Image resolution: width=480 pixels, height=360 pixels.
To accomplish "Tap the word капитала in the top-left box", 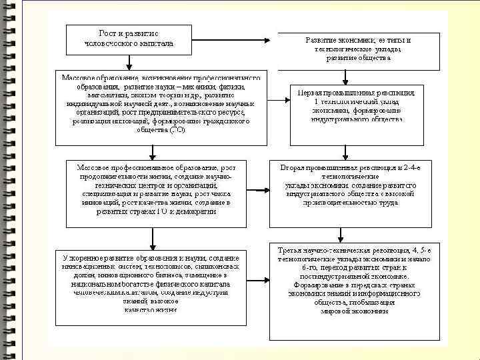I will point(158,43).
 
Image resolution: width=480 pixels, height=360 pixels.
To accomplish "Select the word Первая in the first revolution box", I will point(311,92).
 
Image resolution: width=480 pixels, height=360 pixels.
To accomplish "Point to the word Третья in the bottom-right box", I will point(293,249).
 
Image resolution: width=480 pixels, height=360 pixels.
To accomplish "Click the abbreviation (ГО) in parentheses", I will point(177,130).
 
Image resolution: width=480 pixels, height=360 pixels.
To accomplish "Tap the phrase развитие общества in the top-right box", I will point(358,58).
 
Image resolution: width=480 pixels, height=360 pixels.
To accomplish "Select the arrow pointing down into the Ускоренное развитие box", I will point(153,237).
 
